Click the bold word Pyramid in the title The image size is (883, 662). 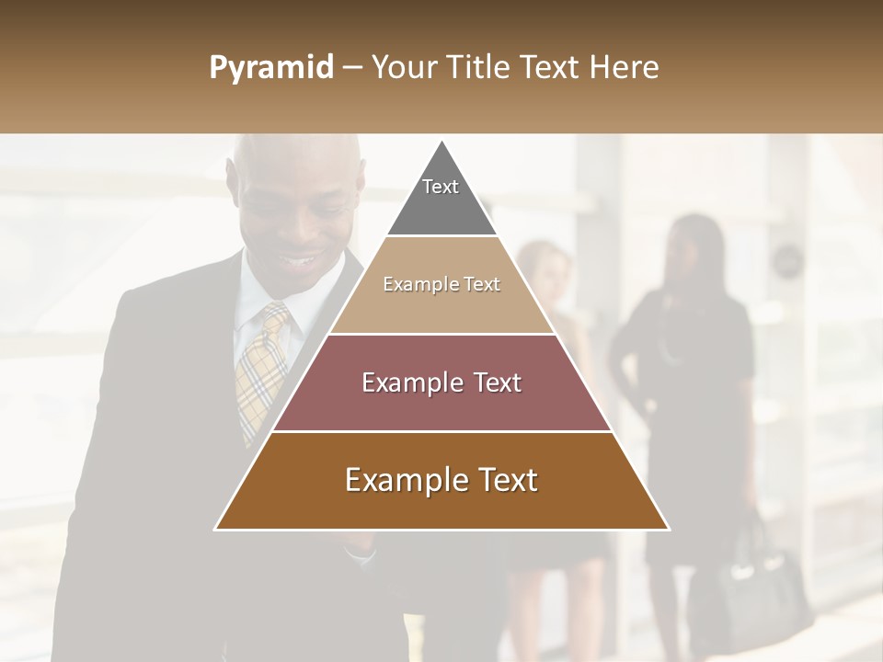271,68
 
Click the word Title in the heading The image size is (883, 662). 479,67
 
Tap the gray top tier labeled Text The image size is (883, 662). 441,198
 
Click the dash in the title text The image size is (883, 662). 352,68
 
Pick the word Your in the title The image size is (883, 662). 402,67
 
